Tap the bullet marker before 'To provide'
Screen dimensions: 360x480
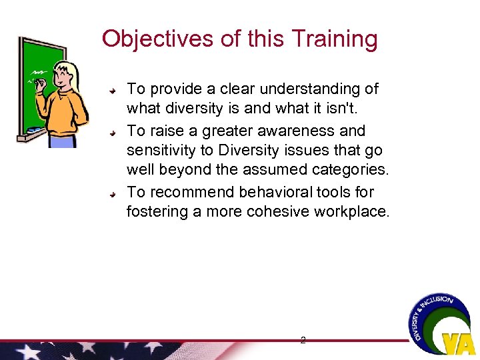point(114,89)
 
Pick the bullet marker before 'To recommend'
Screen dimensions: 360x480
point(114,193)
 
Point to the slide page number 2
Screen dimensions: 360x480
point(303,340)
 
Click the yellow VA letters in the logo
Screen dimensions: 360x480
point(458,342)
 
